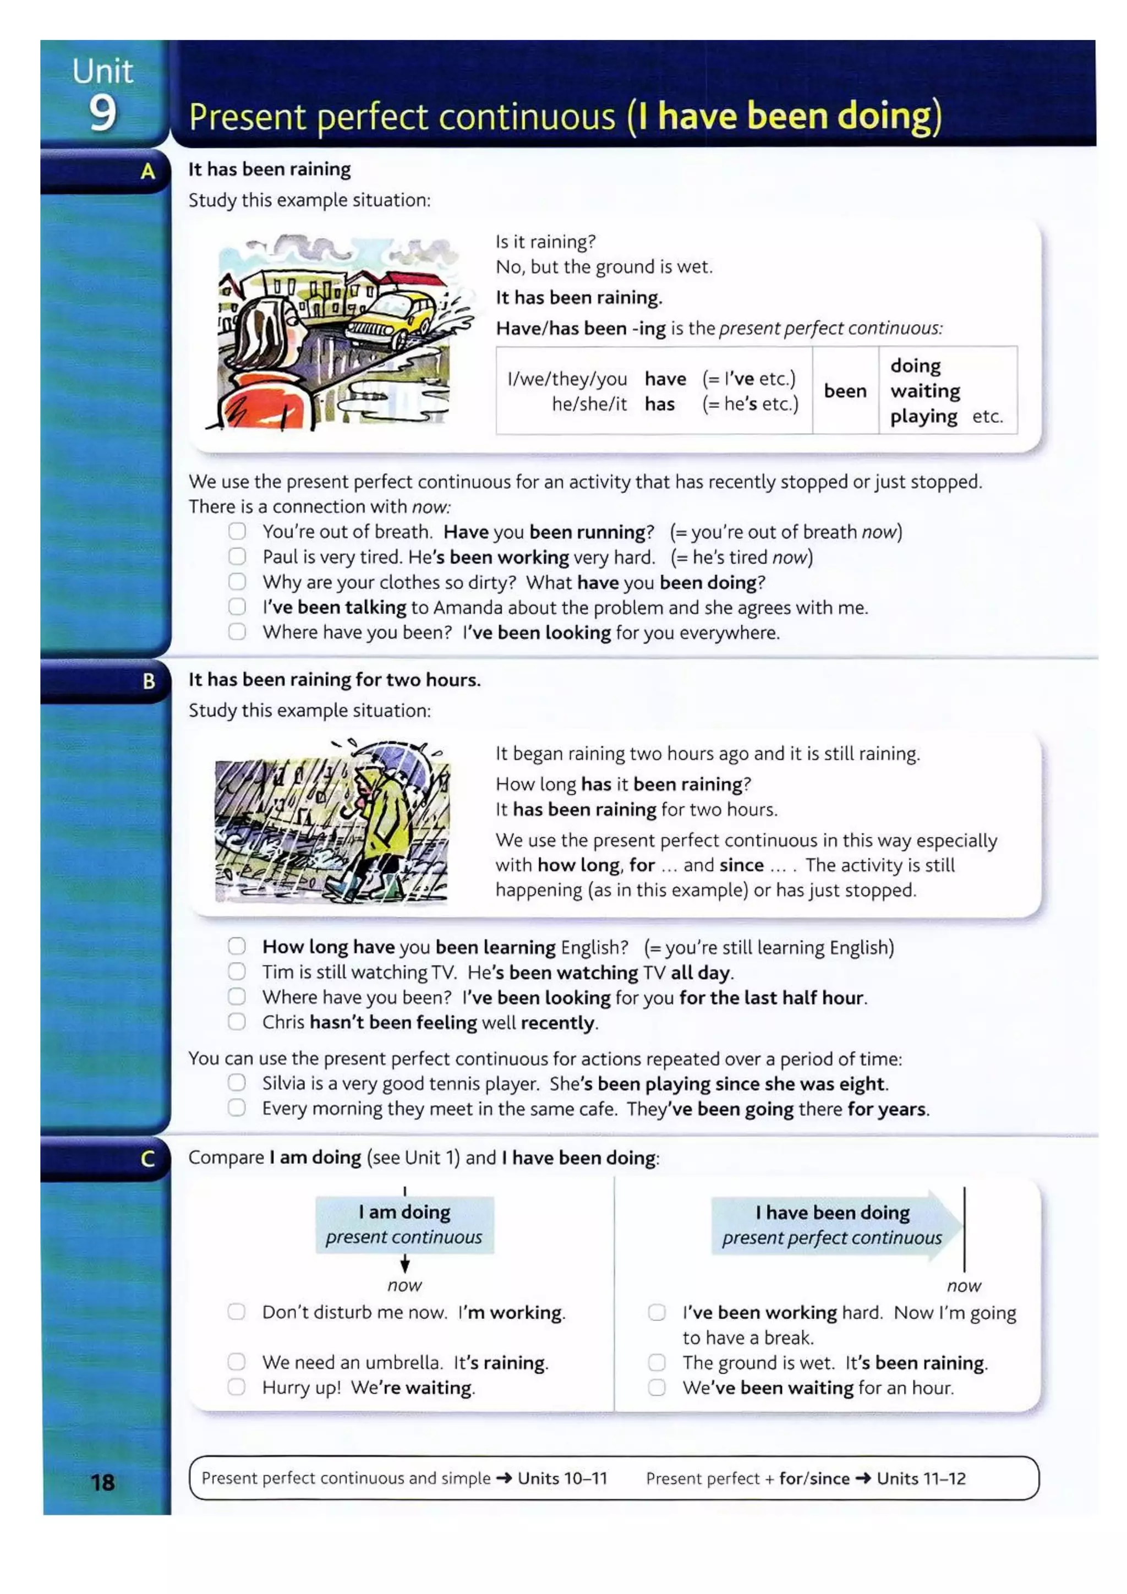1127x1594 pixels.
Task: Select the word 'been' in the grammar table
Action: click(845, 391)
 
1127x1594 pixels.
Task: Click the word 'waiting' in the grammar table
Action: click(925, 391)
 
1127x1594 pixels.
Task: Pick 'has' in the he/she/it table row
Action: click(659, 404)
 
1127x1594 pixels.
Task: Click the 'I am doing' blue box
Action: click(404, 1225)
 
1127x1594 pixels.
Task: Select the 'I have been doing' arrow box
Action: click(832, 1225)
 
